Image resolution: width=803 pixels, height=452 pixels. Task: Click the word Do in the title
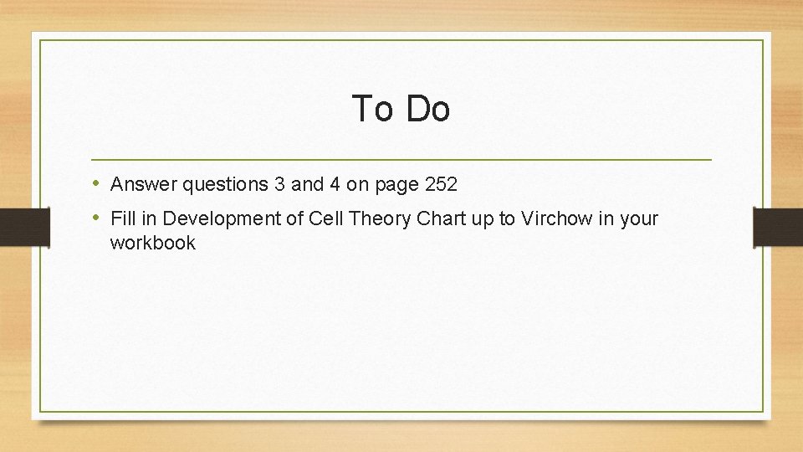[x=428, y=109]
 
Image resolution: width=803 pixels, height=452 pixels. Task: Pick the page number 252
[x=439, y=183]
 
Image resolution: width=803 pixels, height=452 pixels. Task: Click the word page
[x=391, y=183]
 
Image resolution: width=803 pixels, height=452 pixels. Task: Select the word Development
[x=212, y=219]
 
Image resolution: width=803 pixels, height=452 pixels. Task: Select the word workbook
[x=152, y=244]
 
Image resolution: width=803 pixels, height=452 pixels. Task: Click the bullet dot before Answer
[x=97, y=182]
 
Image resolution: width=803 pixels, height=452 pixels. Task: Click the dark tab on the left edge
[x=24, y=226]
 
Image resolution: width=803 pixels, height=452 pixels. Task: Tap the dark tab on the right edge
[x=778, y=226]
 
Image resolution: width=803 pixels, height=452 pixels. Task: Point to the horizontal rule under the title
[x=401, y=159]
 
